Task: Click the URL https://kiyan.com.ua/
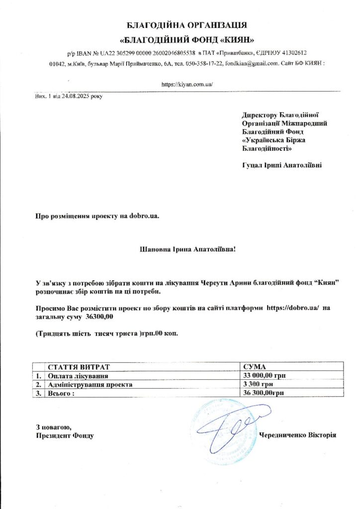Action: click(187, 85)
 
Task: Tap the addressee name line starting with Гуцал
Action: click(281, 165)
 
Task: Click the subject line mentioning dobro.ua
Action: click(97, 216)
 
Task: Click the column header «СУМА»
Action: click(255, 366)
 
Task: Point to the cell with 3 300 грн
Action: click(259, 384)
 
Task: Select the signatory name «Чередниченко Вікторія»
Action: click(298, 435)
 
